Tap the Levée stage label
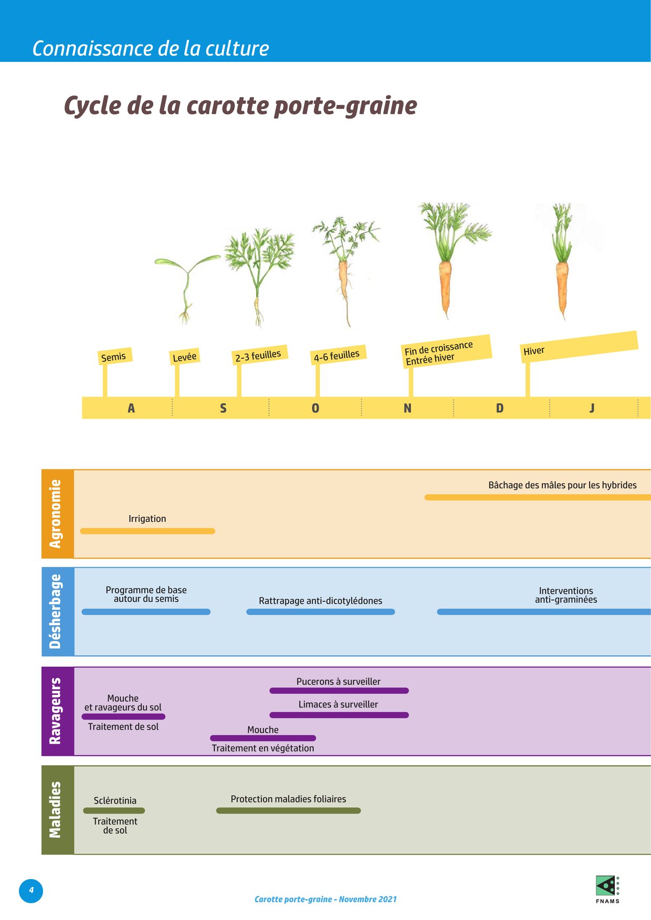[184, 357]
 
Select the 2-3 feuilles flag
[258, 356]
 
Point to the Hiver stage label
[534, 351]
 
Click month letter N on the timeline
[407, 408]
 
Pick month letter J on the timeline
[592, 408]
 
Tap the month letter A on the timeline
[131, 408]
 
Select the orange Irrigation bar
[148, 531]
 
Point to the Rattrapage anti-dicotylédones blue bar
[320, 612]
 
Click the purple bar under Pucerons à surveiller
[339, 691]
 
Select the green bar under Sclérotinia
[114, 811]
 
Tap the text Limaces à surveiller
[338, 704]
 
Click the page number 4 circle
[31, 890]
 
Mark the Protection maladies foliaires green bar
[288, 811]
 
